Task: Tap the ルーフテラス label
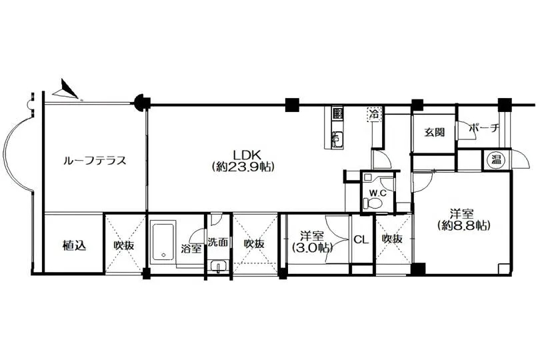pyautogui.click(x=95, y=161)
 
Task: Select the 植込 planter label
pyautogui.click(x=74, y=245)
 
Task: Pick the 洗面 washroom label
pyautogui.click(x=218, y=242)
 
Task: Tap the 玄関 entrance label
pyautogui.click(x=434, y=132)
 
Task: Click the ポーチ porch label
pyautogui.click(x=484, y=129)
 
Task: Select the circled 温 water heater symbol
pyautogui.click(x=496, y=159)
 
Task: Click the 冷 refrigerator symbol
pyautogui.click(x=373, y=114)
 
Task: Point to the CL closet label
pyautogui.click(x=361, y=239)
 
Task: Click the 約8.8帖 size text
pyautogui.click(x=463, y=225)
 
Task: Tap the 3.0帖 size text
pyautogui.click(x=312, y=248)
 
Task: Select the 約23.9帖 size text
pyautogui.click(x=243, y=167)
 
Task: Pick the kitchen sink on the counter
pyautogui.click(x=337, y=139)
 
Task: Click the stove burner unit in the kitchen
pyautogui.click(x=337, y=114)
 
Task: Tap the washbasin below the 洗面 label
pyautogui.click(x=218, y=267)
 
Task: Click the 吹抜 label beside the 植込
pyautogui.click(x=124, y=245)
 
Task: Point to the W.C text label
pyautogui.click(x=378, y=193)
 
